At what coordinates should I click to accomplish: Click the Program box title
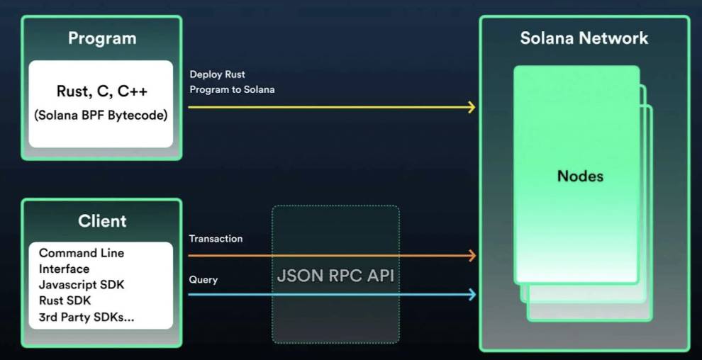(101, 38)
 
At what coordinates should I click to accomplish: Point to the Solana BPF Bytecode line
(101, 115)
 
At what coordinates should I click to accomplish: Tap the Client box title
(102, 221)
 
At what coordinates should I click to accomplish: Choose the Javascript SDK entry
(82, 285)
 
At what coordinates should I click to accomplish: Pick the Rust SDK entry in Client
(65, 300)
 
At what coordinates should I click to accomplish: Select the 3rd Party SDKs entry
(87, 317)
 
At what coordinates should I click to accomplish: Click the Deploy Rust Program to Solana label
(232, 82)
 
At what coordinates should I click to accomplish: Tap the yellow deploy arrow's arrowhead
(472, 108)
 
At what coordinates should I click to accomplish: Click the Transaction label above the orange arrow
(216, 239)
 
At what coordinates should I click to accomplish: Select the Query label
(203, 280)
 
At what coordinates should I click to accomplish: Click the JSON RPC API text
(335, 276)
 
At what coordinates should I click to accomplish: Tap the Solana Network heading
(584, 38)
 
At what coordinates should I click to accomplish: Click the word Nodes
(580, 176)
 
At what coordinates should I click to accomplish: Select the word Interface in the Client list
(64, 269)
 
